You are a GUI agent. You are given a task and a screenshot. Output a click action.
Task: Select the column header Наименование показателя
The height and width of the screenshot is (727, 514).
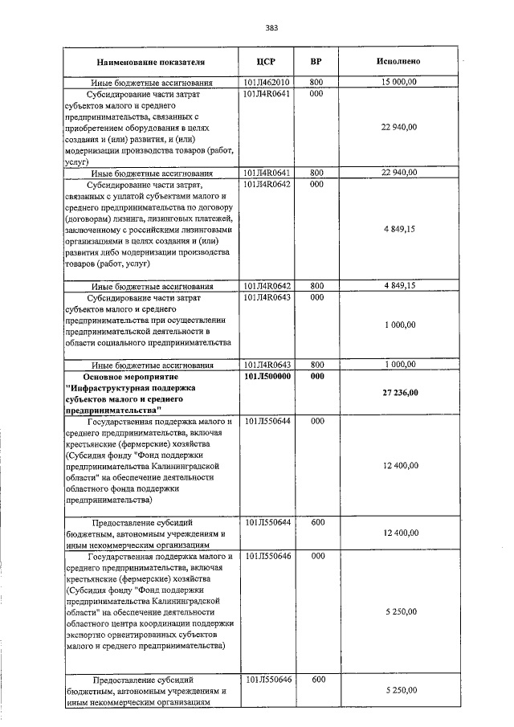(151, 62)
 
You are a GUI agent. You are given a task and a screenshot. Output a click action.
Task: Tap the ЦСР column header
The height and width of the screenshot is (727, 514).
(266, 62)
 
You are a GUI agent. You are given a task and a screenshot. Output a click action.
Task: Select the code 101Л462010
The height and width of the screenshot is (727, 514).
(266, 82)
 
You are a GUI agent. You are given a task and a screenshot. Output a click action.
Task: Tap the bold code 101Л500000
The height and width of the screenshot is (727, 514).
(266, 376)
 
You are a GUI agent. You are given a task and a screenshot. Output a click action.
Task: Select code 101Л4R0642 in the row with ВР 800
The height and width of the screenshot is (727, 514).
(266, 285)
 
